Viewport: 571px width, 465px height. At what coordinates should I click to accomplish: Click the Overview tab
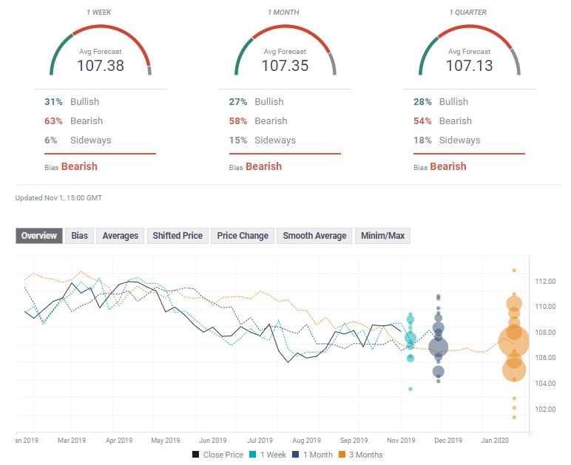click(39, 236)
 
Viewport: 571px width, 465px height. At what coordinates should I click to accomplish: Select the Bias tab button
click(78, 236)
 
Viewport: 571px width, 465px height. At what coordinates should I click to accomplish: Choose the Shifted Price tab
click(178, 236)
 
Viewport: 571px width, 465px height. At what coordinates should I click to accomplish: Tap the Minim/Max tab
click(382, 236)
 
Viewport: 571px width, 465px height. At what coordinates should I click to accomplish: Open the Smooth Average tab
click(314, 236)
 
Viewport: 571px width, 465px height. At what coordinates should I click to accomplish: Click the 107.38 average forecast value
click(101, 65)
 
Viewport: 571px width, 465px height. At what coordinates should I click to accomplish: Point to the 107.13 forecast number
click(469, 65)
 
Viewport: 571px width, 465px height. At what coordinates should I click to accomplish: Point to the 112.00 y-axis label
click(546, 282)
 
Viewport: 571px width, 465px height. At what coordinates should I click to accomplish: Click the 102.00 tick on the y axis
click(546, 410)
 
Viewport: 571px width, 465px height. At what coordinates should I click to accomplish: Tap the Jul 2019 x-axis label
click(260, 441)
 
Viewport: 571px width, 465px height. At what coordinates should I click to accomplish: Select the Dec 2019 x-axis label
click(448, 441)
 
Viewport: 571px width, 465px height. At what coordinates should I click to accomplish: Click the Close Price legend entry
click(218, 455)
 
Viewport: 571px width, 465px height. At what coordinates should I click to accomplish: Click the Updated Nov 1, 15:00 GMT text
click(58, 198)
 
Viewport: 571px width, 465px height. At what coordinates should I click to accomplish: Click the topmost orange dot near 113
click(514, 271)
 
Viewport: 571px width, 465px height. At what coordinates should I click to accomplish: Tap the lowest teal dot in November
click(410, 389)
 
